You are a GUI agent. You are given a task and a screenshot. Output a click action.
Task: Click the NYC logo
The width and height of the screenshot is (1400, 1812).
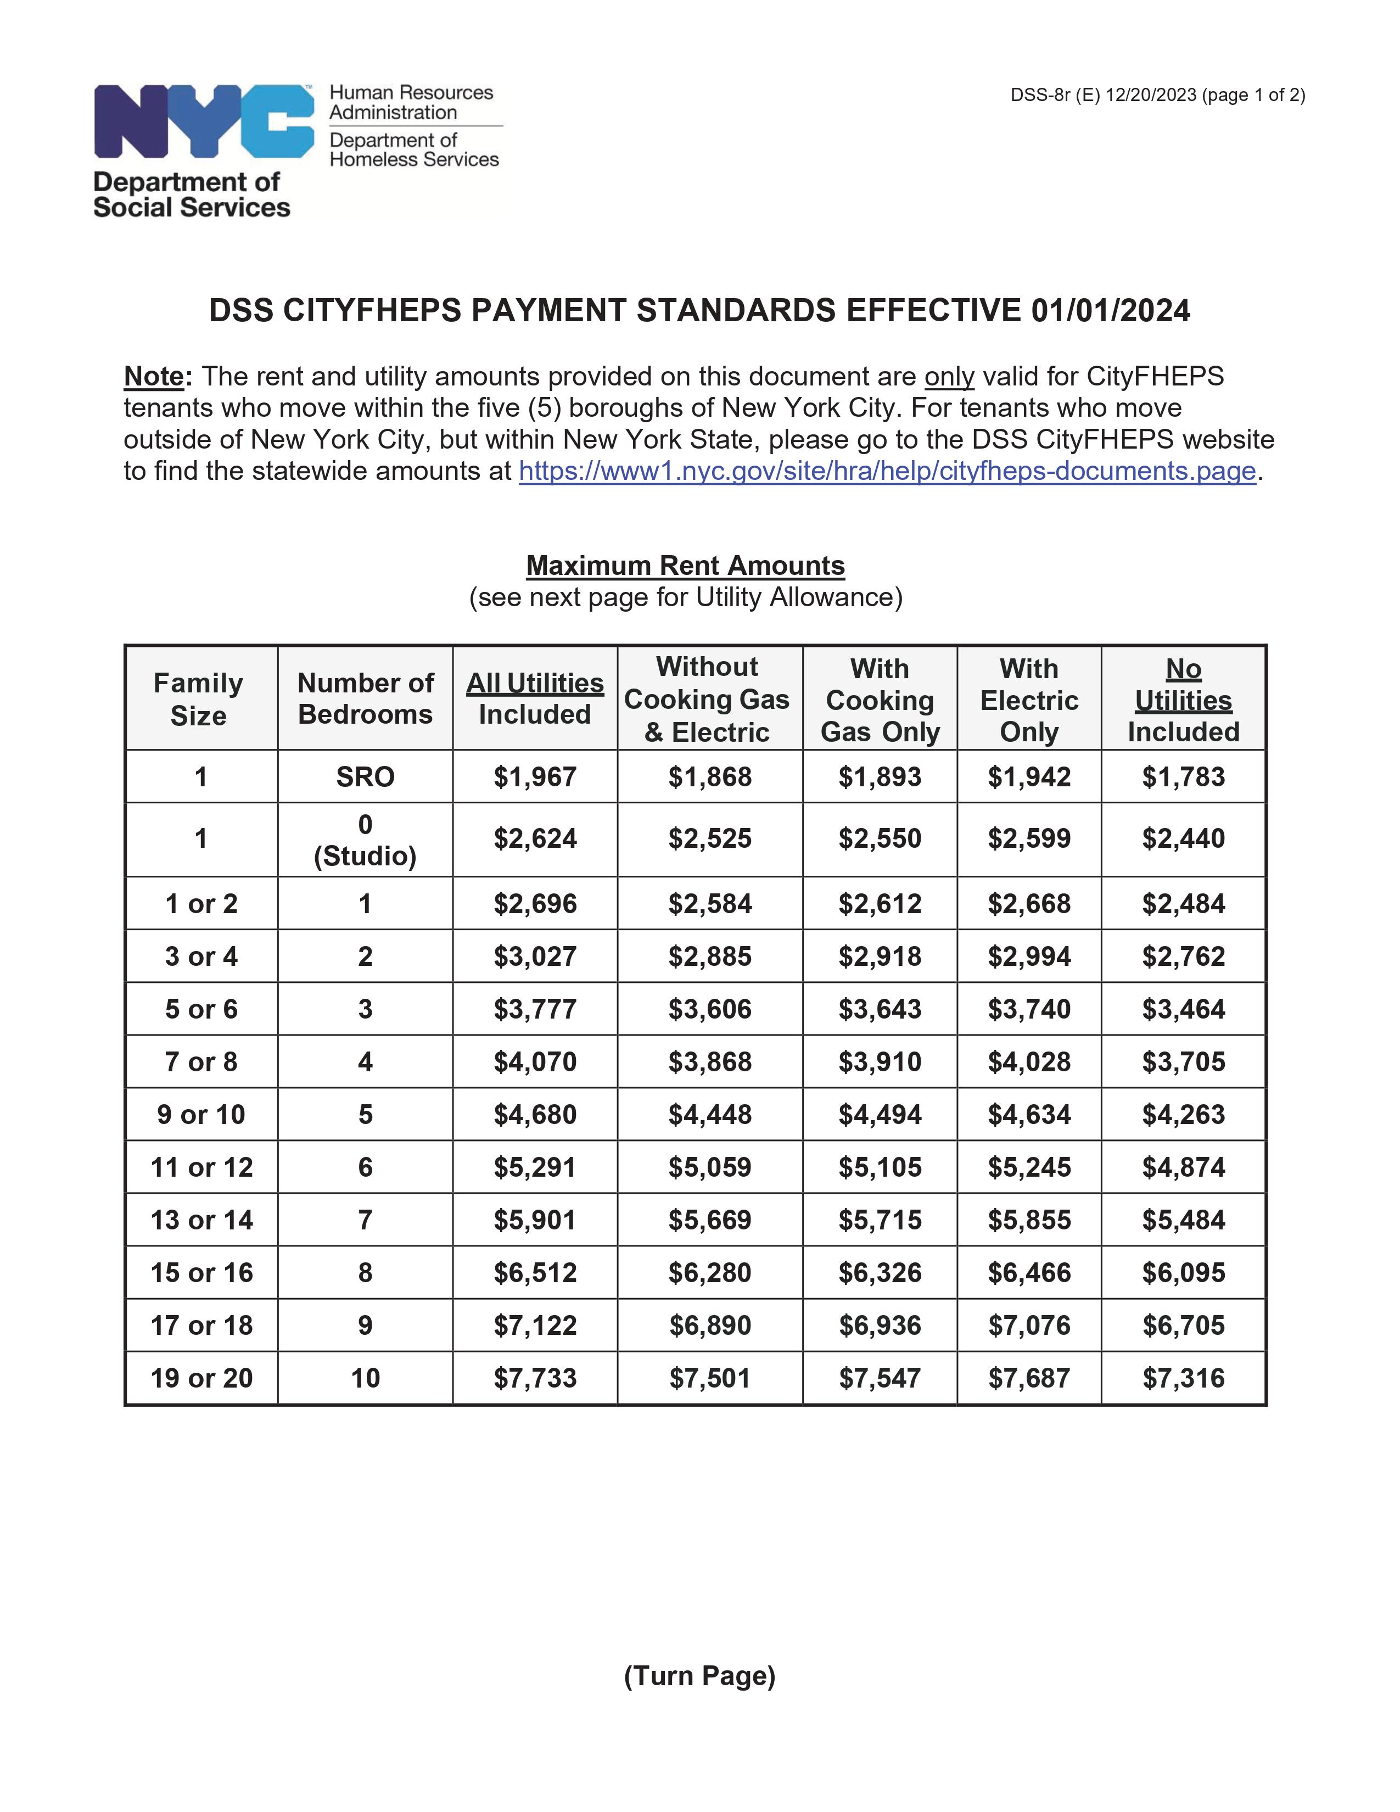203,121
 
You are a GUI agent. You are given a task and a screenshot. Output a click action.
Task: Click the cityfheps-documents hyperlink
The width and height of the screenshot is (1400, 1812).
887,471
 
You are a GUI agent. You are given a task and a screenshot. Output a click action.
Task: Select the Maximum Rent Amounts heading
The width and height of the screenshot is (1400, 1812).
685,566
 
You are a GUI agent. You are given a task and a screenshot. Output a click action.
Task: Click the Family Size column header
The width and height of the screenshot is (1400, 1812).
199,698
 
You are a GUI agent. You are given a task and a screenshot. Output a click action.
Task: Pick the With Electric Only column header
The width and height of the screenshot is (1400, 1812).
1028,700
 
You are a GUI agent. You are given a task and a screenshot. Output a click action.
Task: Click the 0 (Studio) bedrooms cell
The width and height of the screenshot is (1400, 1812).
365,840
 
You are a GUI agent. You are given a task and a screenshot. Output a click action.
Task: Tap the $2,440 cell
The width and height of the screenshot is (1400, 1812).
1183,839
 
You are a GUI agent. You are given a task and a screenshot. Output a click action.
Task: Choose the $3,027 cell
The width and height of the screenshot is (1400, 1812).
535,957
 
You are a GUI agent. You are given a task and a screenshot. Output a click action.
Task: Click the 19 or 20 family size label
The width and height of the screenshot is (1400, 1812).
201,1379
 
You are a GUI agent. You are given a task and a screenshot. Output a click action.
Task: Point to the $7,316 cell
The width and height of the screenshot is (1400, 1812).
1183,1379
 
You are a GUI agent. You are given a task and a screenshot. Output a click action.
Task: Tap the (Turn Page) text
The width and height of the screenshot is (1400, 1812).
699,1676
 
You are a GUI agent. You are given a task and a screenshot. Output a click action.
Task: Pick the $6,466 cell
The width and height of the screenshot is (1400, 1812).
1028,1273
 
